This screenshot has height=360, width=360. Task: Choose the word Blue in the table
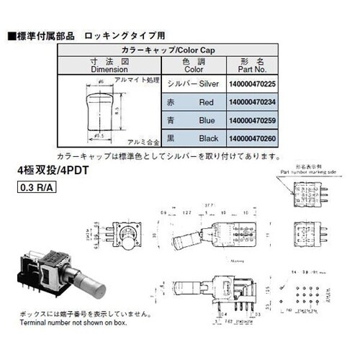click(207, 120)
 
